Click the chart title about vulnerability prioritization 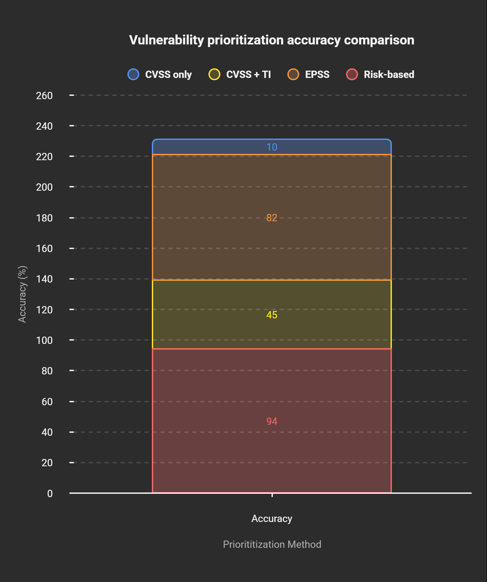272,40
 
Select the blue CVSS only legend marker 133,74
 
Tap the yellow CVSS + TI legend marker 214,74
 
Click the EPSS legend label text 317,74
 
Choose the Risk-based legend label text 389,74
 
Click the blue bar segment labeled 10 272,147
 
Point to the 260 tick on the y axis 44,96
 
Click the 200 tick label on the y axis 44,187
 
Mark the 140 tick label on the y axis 44,279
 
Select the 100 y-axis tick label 44,340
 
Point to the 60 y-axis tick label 47,402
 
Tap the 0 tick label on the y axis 50,493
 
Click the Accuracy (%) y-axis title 22,294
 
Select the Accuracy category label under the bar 272,518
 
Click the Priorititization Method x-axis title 272,544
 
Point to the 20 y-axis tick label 47,463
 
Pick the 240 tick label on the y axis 44,126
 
